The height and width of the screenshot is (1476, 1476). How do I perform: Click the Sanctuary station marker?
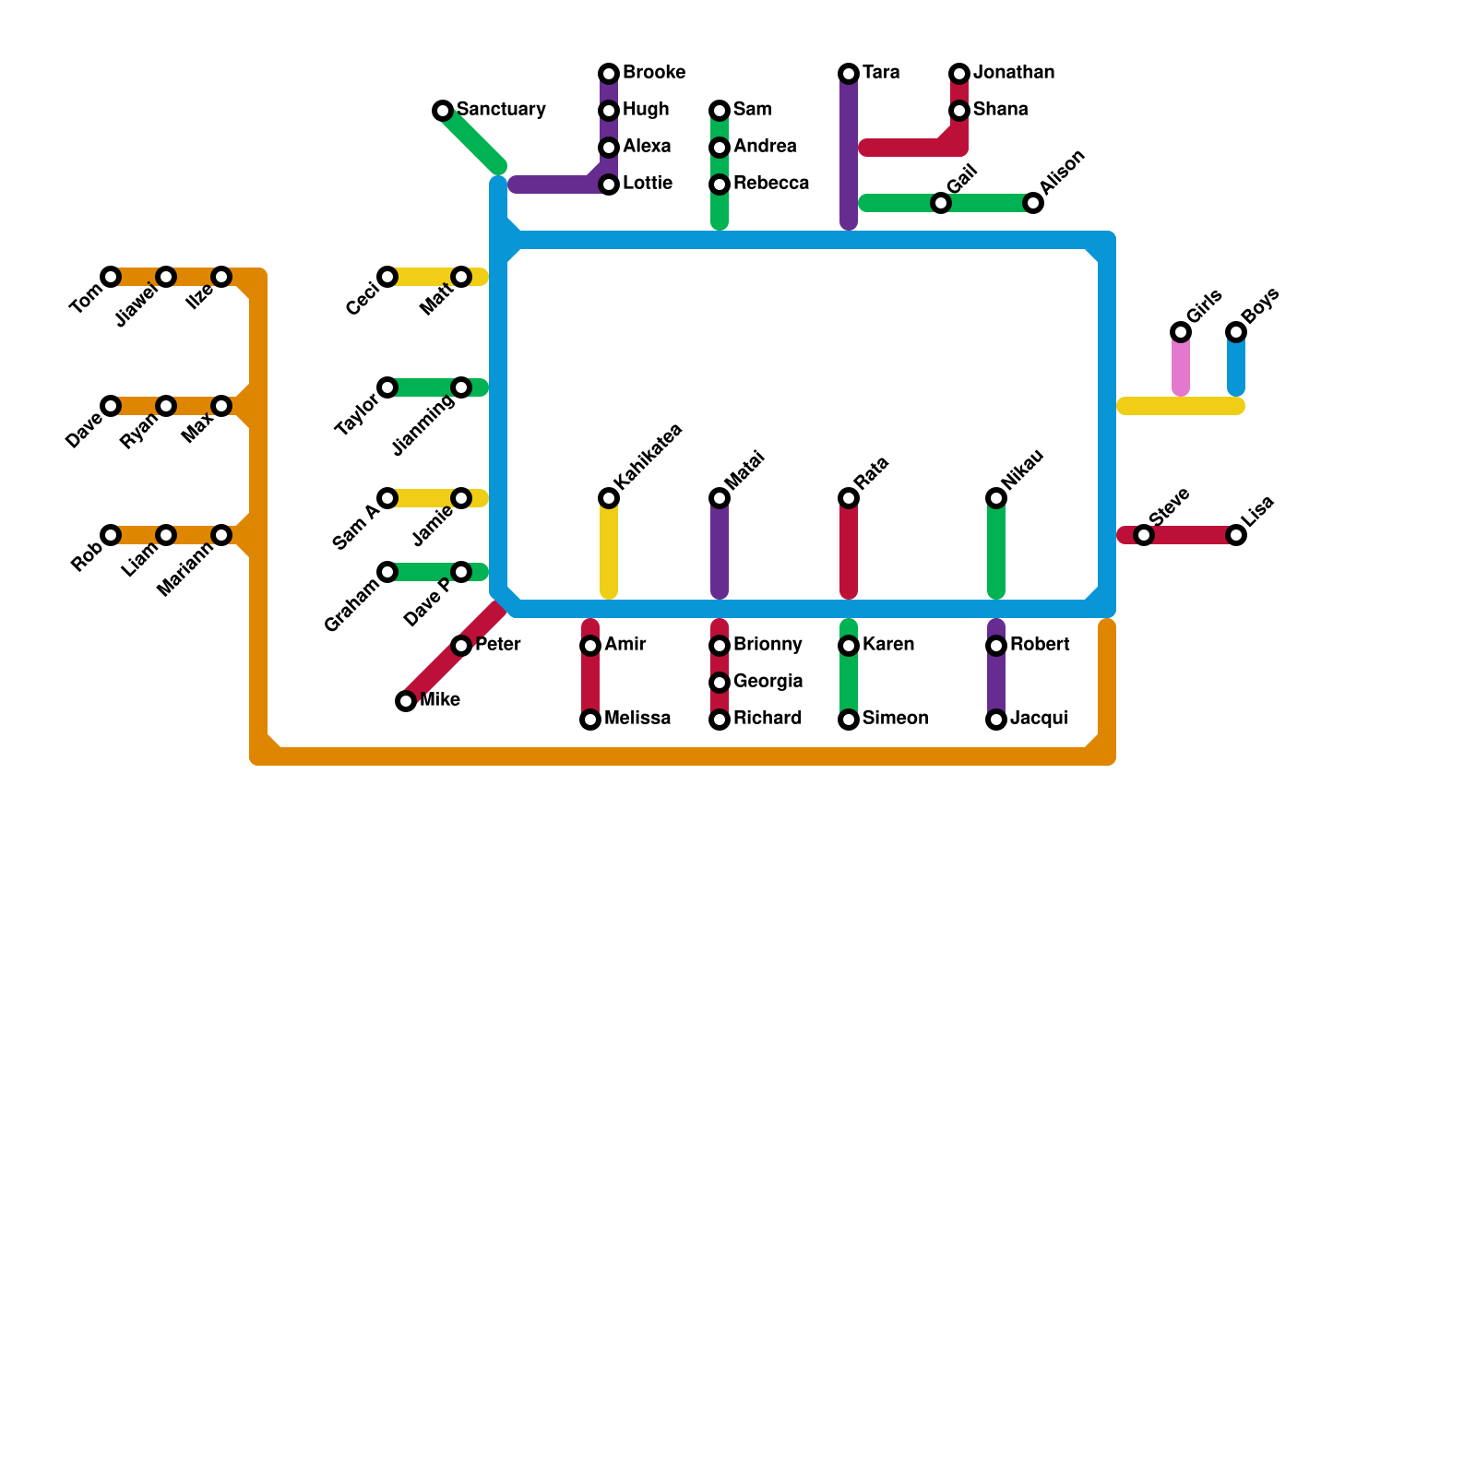443,111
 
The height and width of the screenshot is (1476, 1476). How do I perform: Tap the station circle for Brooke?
609,74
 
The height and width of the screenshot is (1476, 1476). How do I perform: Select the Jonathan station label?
1014,73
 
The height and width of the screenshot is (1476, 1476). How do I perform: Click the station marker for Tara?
849,74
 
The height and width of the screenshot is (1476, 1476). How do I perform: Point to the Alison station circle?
1033,203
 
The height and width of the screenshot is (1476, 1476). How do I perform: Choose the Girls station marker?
1181,332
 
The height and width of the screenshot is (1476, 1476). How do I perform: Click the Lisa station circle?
1236,535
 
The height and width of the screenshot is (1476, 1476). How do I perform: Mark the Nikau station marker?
996,498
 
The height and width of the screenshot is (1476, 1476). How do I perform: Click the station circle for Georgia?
720,683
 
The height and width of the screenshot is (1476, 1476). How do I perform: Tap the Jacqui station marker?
996,720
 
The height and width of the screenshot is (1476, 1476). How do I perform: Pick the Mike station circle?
406,701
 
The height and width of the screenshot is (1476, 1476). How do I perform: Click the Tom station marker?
111,277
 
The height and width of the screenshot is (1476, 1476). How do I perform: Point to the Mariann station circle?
221,535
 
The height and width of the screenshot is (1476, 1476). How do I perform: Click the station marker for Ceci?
387,277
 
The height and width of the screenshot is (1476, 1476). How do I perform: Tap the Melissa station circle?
590,720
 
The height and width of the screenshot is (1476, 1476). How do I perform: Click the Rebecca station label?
771,184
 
